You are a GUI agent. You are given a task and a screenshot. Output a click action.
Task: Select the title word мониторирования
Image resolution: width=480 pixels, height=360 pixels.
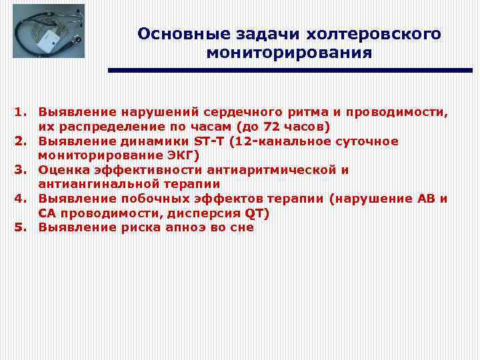click(x=289, y=53)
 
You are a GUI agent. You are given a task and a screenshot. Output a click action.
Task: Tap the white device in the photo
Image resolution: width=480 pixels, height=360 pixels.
click(x=48, y=45)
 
